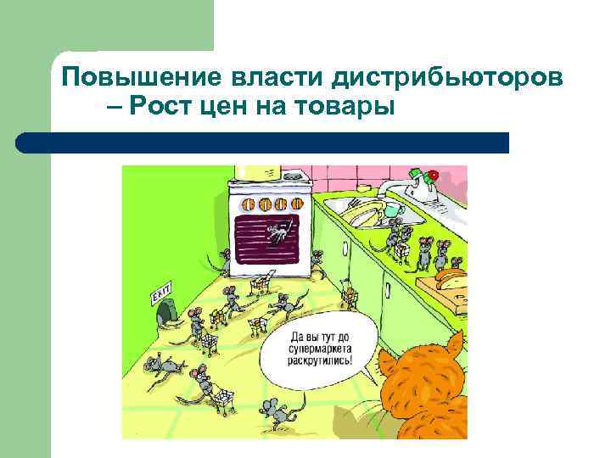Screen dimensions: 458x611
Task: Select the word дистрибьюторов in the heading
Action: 445,78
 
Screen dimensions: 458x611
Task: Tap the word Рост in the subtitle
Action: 170,108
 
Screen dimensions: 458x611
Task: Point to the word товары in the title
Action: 356,109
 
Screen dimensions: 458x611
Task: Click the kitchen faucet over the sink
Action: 389,188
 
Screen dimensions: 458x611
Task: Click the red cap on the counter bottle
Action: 433,175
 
